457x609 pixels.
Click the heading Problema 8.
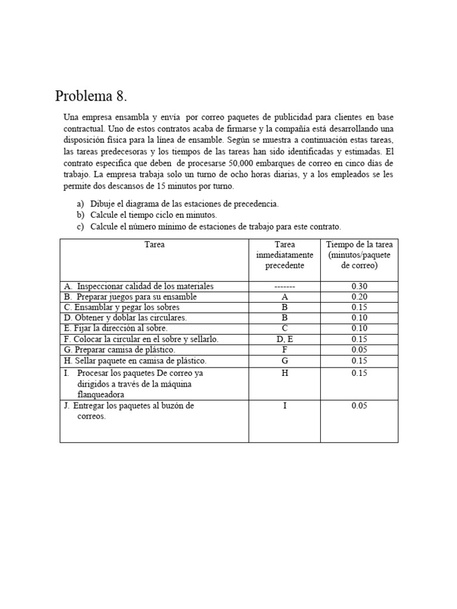pos(91,96)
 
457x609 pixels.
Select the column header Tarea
pos(155,244)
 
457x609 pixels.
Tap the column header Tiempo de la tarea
pos(359,255)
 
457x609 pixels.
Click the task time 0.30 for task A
pos(359,286)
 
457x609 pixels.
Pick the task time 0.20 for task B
pos(359,297)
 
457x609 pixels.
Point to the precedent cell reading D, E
pos(284,339)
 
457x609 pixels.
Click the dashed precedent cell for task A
pos(284,287)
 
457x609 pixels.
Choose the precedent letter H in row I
pos(284,373)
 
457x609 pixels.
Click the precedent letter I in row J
pos(284,406)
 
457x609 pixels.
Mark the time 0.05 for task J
pos(359,406)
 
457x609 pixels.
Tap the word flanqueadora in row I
pos(101,394)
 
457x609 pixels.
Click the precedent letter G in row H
pos(284,360)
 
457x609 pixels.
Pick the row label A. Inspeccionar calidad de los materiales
pos(138,286)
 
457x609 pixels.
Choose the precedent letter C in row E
pos(284,328)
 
